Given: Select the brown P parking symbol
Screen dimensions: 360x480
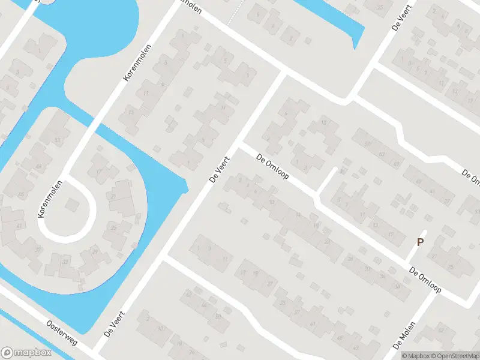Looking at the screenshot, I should [421, 242].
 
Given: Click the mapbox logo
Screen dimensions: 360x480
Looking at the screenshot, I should [25, 352].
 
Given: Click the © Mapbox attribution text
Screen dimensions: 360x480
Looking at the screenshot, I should [414, 356].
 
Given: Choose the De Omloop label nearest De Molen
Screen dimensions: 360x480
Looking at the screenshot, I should [425, 280].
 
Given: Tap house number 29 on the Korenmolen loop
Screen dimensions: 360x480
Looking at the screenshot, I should [95, 251].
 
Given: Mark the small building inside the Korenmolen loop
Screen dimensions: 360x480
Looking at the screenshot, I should [71, 205].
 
